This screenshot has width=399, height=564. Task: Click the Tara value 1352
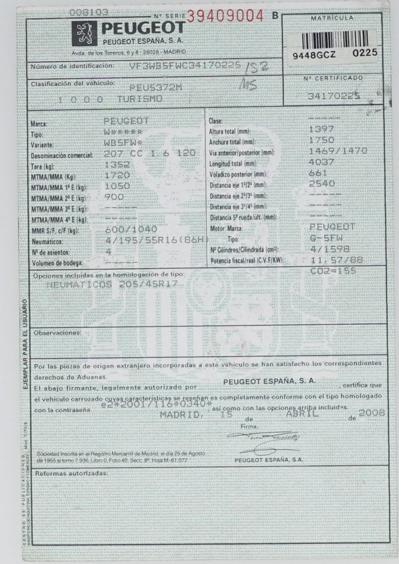point(117,165)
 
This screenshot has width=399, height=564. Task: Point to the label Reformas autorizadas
point(71,473)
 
